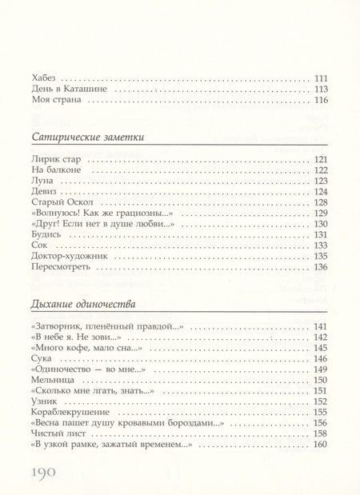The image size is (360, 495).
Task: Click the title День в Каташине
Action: [x=69, y=90]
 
